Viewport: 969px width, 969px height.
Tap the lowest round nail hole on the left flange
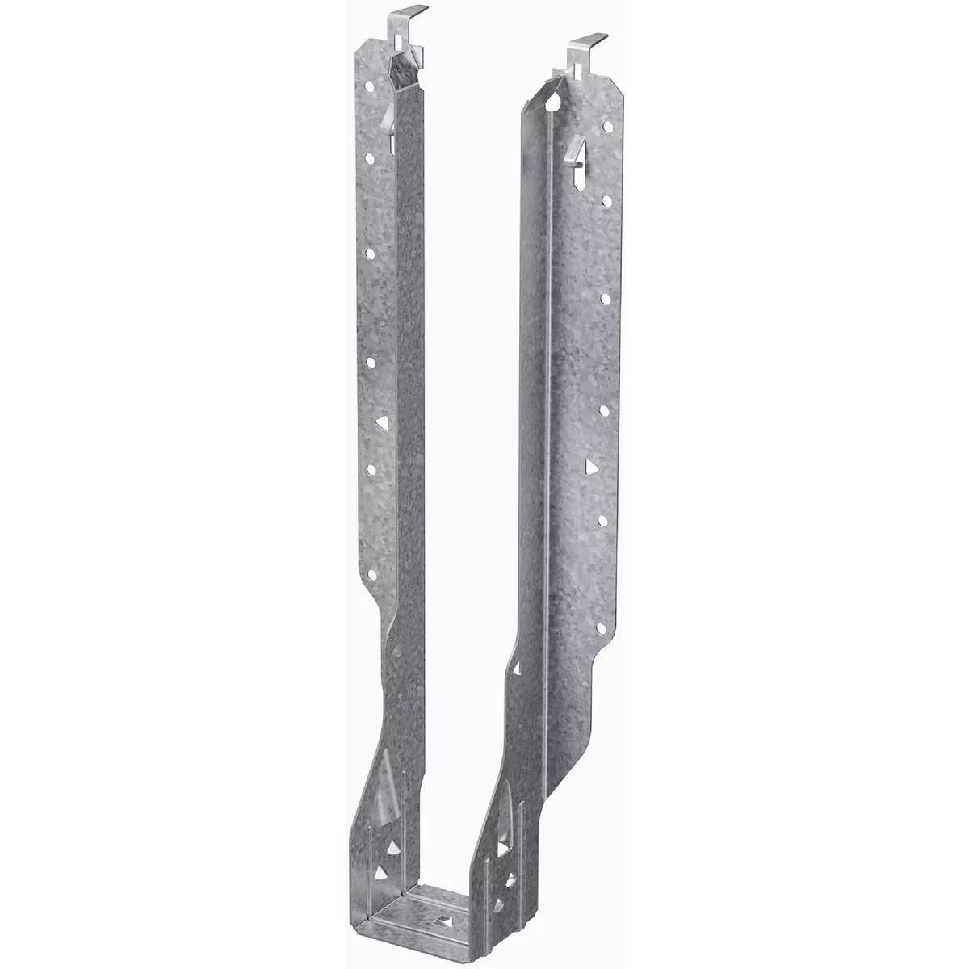pos(372,574)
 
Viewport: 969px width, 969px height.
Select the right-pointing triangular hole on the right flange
pos(592,467)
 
